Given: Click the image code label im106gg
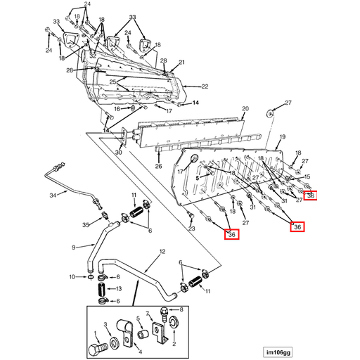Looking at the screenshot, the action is click(x=278, y=352).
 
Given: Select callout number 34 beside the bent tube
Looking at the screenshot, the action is click(x=53, y=195).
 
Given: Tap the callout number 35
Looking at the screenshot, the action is click(x=86, y=225).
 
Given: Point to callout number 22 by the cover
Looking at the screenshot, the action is click(x=205, y=86).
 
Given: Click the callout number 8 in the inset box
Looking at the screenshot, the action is click(x=181, y=309).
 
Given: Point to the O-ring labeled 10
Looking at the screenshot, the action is click(x=91, y=277).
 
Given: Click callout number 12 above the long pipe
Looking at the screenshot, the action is click(x=162, y=252).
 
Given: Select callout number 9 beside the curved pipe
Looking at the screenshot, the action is click(x=74, y=247).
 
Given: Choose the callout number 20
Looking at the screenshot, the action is click(x=245, y=109).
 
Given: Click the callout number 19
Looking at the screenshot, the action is click(x=283, y=137).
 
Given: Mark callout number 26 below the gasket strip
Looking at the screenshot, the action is click(x=159, y=166).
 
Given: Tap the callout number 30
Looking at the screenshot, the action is click(x=119, y=153).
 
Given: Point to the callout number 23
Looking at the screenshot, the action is click(x=192, y=229).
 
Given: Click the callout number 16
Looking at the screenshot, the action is click(x=117, y=109).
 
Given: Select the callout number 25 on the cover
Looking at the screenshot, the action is click(x=113, y=82).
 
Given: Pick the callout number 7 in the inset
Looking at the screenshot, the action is click(x=148, y=314).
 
